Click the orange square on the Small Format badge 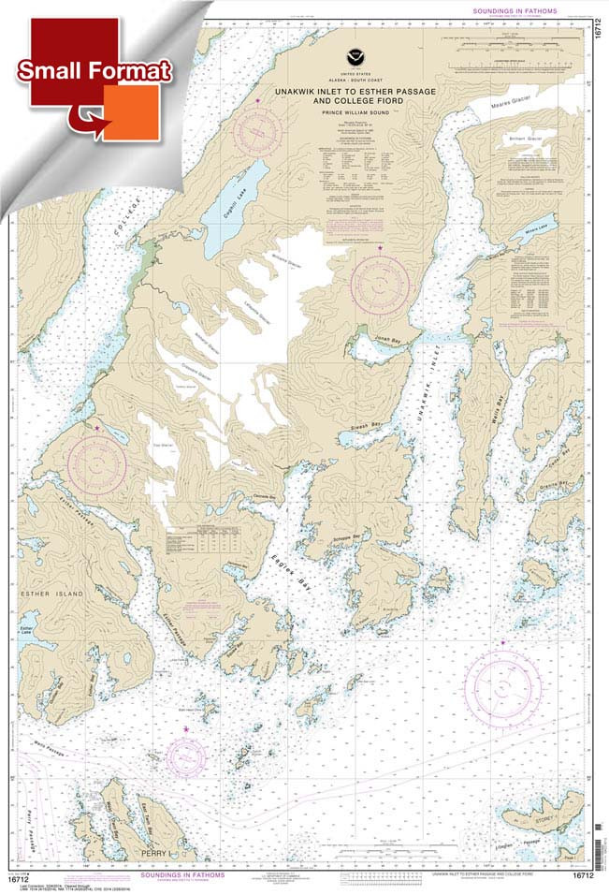[x=131, y=112]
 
